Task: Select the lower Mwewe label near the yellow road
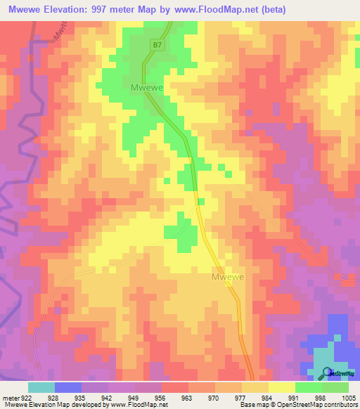228,277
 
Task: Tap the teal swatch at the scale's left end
41,387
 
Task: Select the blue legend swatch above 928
68,387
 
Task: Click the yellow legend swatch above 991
281,387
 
